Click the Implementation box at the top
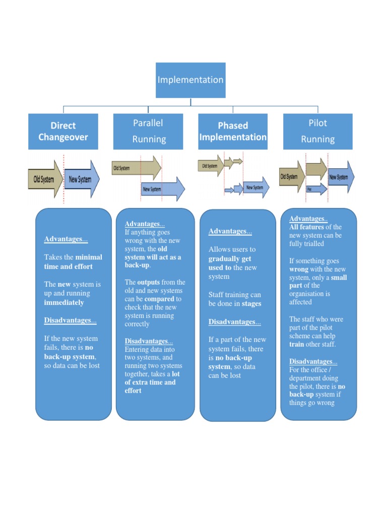(x=190, y=80)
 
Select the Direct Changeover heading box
(x=63, y=132)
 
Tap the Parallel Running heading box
(x=148, y=131)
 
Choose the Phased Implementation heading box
(x=233, y=132)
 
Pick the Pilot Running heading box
(x=318, y=131)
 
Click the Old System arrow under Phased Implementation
(x=211, y=165)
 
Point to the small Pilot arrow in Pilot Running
(x=315, y=189)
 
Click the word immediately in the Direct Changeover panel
(x=64, y=303)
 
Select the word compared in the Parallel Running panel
(x=159, y=299)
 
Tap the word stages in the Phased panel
(x=251, y=304)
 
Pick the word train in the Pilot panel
(x=297, y=345)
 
